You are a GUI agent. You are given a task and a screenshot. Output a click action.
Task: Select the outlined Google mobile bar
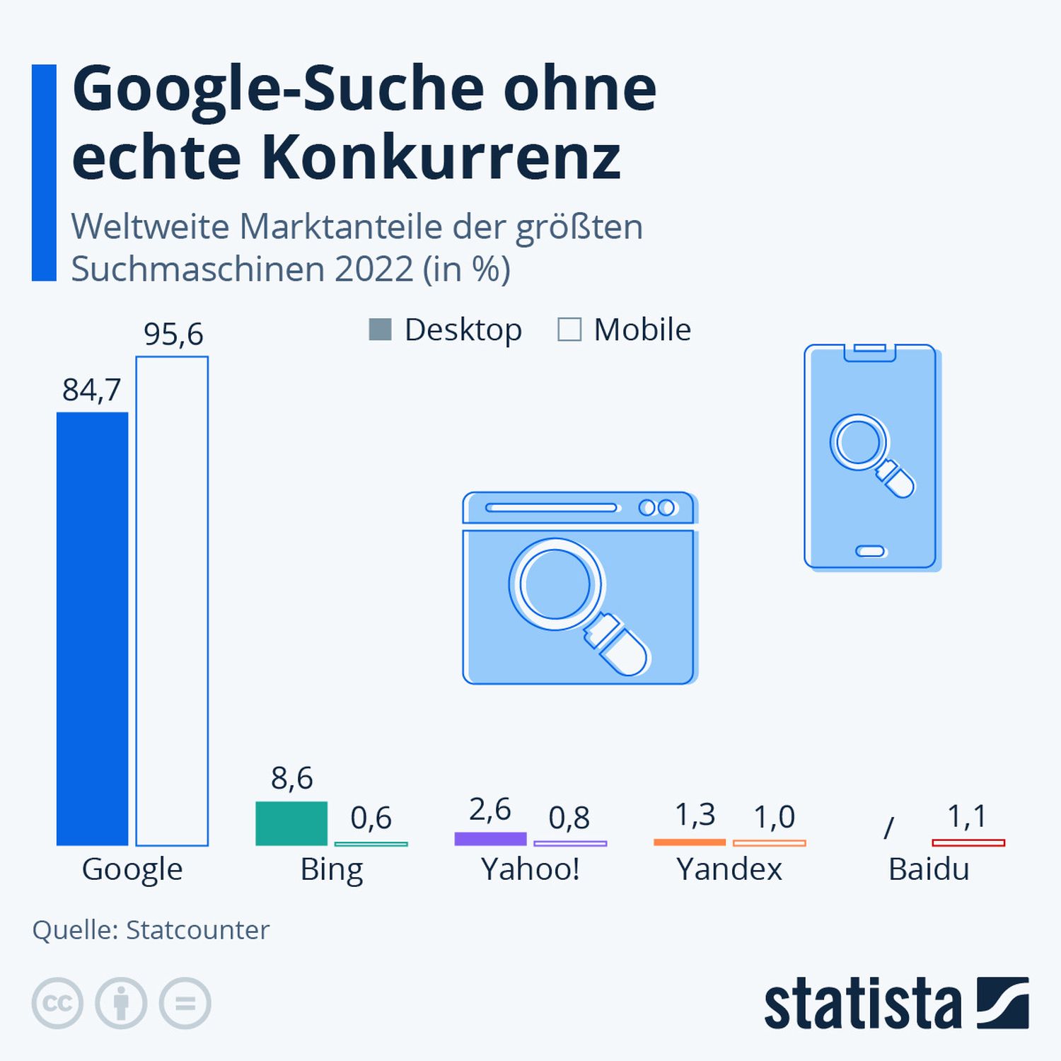click(x=172, y=601)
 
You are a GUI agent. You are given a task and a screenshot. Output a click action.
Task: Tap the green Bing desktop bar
click(x=291, y=823)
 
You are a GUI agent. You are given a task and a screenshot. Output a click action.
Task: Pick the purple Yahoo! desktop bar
click(x=490, y=839)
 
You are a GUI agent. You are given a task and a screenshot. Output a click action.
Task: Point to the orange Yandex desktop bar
click(x=690, y=842)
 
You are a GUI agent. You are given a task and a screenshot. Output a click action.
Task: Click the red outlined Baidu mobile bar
click(x=968, y=842)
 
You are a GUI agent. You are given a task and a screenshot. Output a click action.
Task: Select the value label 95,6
click(x=173, y=334)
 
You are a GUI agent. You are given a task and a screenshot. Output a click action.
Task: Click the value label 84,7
click(x=92, y=390)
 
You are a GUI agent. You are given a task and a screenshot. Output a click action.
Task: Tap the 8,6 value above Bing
click(x=291, y=778)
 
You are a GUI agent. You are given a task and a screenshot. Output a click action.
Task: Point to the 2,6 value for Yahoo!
click(x=489, y=809)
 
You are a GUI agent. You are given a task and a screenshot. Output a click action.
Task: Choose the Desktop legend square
click(x=380, y=330)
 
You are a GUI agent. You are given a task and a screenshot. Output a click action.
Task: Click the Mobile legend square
click(x=569, y=330)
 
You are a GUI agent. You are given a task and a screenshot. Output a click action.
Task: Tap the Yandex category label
click(x=729, y=869)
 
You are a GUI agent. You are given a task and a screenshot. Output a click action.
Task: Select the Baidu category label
click(x=929, y=869)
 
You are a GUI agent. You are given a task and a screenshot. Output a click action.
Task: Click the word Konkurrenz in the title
click(x=441, y=157)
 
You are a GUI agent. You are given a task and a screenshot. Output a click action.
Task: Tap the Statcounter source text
click(x=197, y=930)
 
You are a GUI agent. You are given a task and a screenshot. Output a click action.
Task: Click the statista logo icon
click(x=1002, y=1003)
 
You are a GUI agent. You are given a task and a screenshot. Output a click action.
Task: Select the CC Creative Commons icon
click(x=57, y=1003)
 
